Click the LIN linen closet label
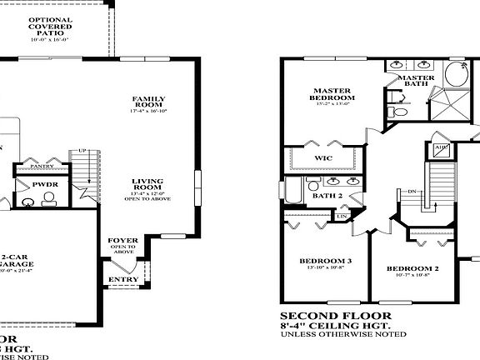(x=342, y=217)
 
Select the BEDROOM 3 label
(x=326, y=261)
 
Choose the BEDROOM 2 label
(x=412, y=268)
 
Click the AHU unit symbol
(x=441, y=149)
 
